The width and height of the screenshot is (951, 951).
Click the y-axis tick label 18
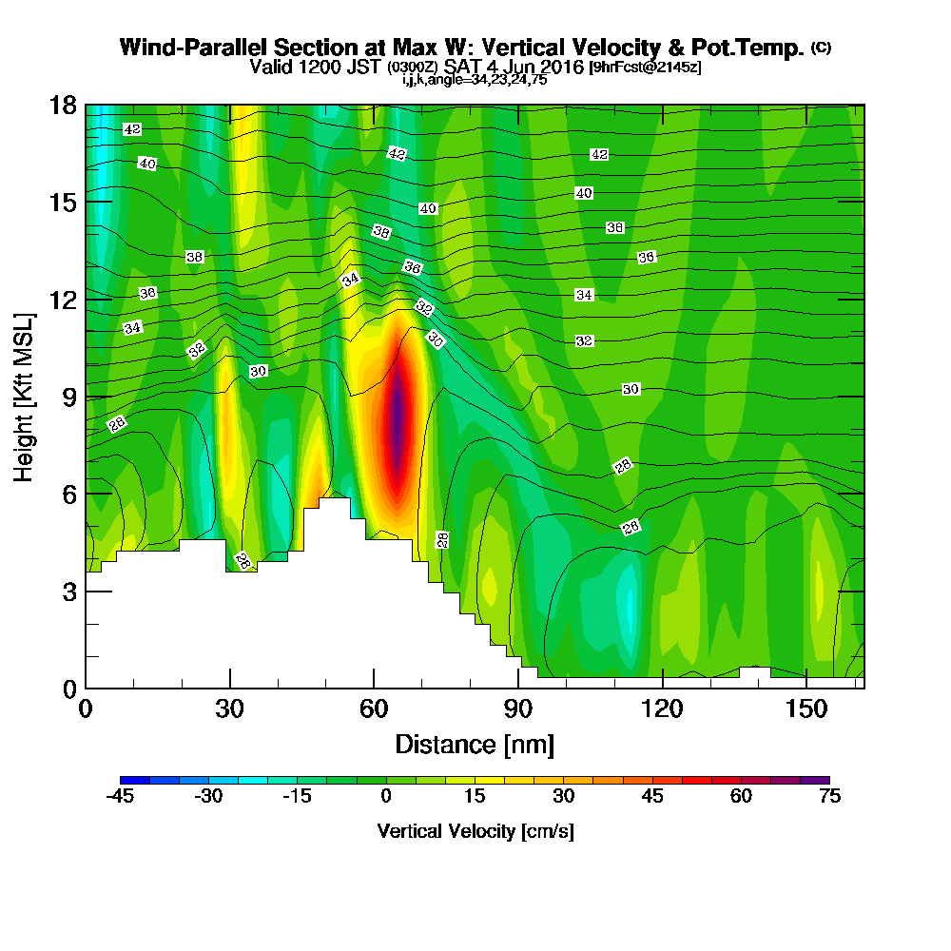click(x=63, y=106)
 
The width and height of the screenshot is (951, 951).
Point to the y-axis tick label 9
click(x=69, y=398)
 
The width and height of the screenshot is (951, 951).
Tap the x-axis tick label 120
click(x=662, y=708)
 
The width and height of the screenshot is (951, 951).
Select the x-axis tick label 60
click(x=374, y=708)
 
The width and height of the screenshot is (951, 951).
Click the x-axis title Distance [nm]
click(x=475, y=745)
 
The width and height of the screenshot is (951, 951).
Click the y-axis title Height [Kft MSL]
click(x=24, y=398)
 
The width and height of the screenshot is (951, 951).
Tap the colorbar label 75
click(x=829, y=796)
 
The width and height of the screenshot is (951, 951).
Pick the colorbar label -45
click(x=120, y=796)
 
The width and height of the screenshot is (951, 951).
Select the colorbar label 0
click(x=386, y=796)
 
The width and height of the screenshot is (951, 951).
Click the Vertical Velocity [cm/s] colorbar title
click(x=475, y=831)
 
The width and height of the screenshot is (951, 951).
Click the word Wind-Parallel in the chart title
click(x=193, y=48)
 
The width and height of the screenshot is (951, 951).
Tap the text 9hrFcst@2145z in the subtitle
click(x=646, y=67)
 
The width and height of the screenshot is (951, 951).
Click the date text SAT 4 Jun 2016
click(x=514, y=67)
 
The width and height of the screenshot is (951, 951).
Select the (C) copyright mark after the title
click(x=822, y=48)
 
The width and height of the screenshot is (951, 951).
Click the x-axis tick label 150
click(x=806, y=708)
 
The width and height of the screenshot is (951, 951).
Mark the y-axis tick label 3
click(x=69, y=592)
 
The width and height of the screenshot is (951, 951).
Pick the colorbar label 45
click(x=652, y=796)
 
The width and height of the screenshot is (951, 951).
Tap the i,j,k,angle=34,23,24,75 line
click(x=475, y=80)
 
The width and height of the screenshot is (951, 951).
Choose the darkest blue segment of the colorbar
click(x=135, y=780)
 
